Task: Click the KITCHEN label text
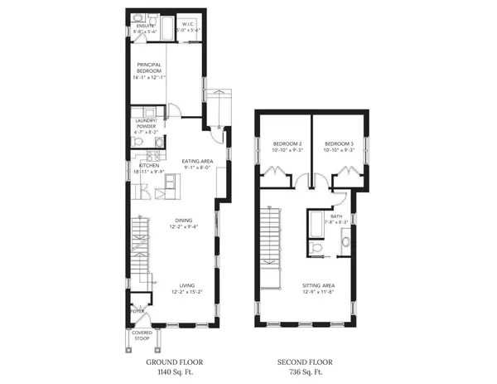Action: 148,165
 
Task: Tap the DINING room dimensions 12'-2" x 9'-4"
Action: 184,226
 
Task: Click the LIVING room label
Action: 184,286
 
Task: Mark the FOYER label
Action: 138,312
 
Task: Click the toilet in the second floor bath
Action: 316,248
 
